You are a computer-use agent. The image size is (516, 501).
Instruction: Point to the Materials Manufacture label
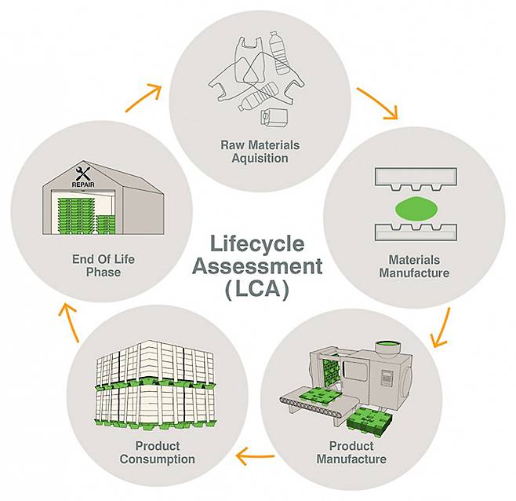[x=414, y=266]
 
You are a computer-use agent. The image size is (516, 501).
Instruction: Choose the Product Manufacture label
[x=351, y=453]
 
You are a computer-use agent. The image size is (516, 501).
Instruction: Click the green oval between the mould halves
[x=414, y=210]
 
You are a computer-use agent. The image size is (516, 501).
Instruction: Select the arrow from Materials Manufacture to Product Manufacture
[x=441, y=328]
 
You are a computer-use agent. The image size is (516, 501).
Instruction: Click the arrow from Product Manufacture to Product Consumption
[x=256, y=454]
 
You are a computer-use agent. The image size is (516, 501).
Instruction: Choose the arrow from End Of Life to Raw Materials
[x=142, y=97]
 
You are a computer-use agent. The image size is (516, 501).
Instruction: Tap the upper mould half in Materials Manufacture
[x=414, y=179]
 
